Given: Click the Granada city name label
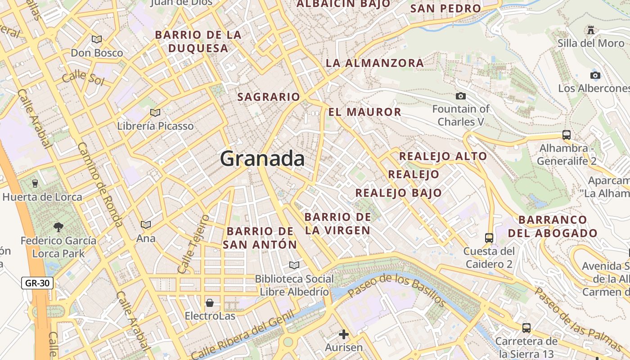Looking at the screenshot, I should pyautogui.click(x=262, y=159).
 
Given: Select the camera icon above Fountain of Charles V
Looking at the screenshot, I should pyautogui.click(x=460, y=96).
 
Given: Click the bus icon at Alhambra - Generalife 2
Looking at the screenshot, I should pyautogui.click(x=567, y=135).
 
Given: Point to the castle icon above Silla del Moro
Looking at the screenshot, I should pyautogui.click(x=591, y=30).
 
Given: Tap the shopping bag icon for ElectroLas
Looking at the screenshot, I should pyautogui.click(x=210, y=302).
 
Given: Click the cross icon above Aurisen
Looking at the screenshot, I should pyautogui.click(x=344, y=334).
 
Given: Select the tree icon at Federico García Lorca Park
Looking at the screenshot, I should pyautogui.click(x=58, y=227).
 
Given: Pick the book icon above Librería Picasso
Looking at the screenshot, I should pyautogui.click(x=155, y=112).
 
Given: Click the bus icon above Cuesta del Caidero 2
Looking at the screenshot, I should pyautogui.click(x=489, y=238).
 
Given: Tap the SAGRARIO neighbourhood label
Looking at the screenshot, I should pyautogui.click(x=268, y=97).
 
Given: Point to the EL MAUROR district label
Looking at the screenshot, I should pyautogui.click(x=364, y=112).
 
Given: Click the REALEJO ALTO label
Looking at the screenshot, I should pyautogui.click(x=443, y=156).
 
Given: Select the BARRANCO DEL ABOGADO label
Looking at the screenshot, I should pyautogui.click(x=553, y=226).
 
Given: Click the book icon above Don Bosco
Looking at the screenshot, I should pyautogui.click(x=97, y=39).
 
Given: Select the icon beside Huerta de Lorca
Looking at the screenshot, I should pyautogui.click(x=35, y=183).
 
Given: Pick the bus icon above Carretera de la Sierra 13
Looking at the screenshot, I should pyautogui.click(x=526, y=328).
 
